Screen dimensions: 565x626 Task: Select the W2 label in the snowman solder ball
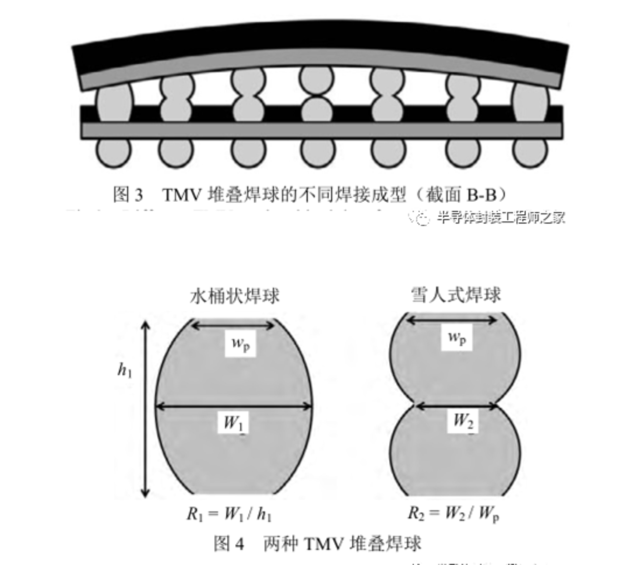[x=463, y=421]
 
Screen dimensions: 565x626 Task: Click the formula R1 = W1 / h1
[x=229, y=514]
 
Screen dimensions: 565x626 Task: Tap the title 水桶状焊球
[x=235, y=296]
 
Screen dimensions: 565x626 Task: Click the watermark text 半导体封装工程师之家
[x=501, y=217]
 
